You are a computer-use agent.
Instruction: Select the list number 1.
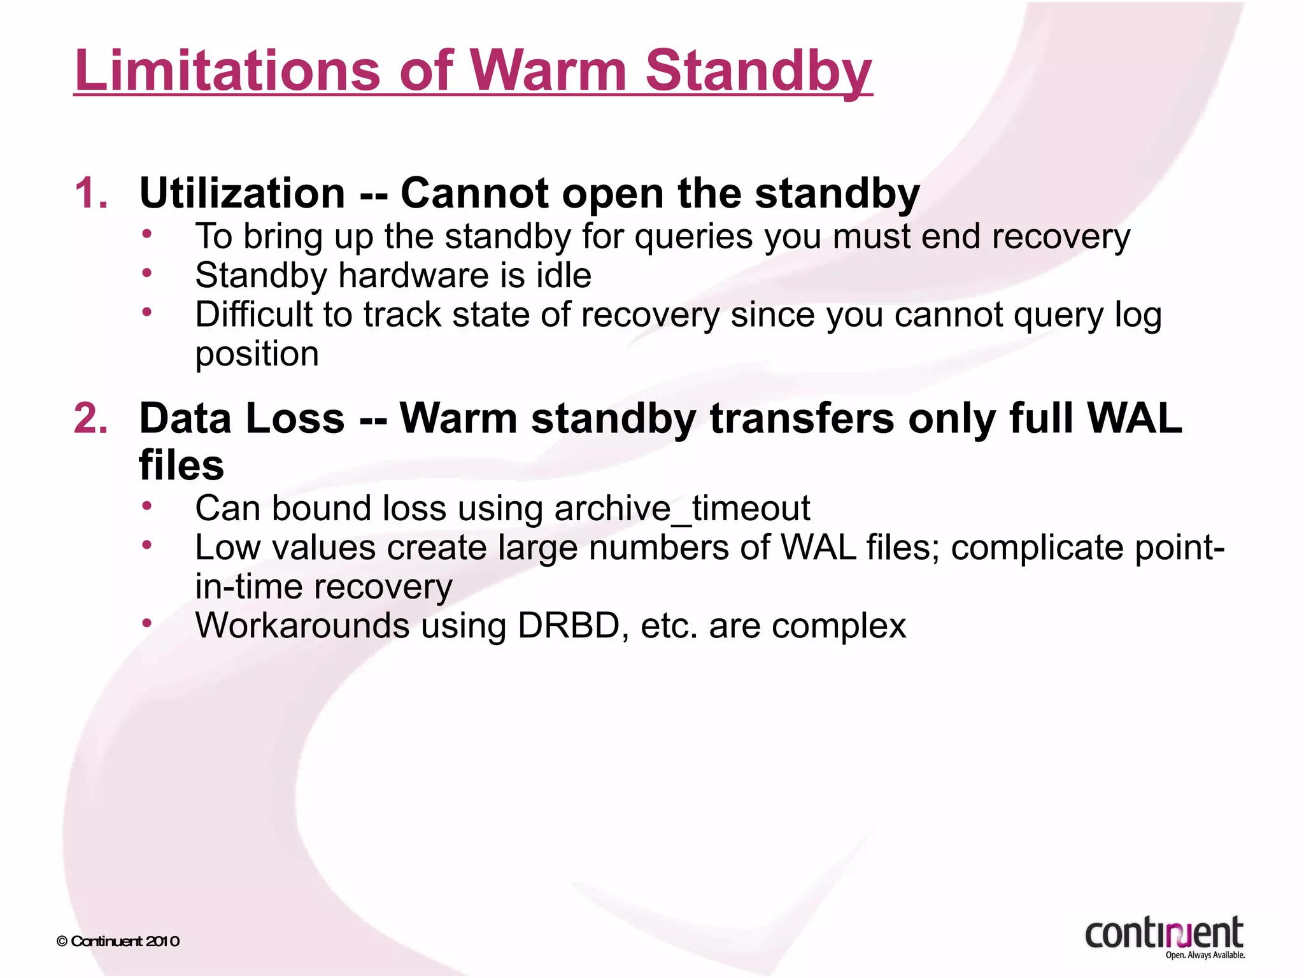pyautogui.click(x=90, y=193)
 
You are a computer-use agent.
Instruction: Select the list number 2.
pyautogui.click(x=90, y=419)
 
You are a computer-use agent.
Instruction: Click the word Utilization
pyautogui.click(x=242, y=193)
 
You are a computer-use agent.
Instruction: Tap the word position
pyautogui.click(x=257, y=354)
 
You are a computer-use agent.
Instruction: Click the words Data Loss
pyautogui.click(x=242, y=419)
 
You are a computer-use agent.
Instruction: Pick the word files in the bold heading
pyautogui.click(x=181, y=465)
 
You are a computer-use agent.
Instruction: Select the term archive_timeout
pyautogui.click(x=682, y=509)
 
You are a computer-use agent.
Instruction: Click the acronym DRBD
pyautogui.click(x=569, y=625)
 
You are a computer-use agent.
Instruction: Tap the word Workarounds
pyautogui.click(x=302, y=625)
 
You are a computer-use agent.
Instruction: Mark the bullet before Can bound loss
pyautogui.click(x=147, y=507)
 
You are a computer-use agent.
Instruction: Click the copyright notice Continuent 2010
pyautogui.click(x=118, y=941)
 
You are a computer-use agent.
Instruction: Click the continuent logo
pyautogui.click(x=1163, y=933)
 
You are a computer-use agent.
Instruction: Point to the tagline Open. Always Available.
pyautogui.click(x=1205, y=955)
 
